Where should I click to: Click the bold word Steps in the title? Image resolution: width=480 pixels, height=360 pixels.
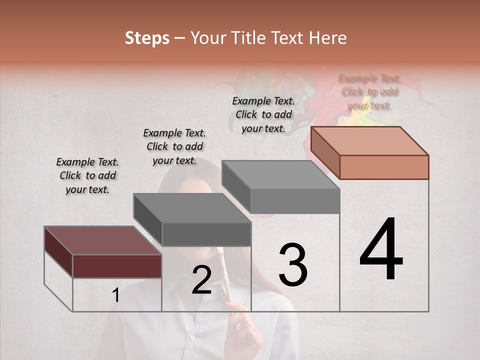[x=147, y=38]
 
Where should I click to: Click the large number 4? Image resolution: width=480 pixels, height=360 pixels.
[x=381, y=250]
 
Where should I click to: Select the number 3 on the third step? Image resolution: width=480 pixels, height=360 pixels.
[x=292, y=265]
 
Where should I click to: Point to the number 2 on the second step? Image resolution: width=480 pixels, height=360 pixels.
[x=201, y=280]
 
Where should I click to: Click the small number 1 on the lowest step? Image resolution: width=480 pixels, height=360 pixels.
[x=115, y=295]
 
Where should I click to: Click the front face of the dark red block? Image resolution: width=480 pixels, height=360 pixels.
[x=117, y=265]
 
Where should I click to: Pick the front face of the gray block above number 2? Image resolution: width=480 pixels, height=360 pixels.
[x=206, y=234]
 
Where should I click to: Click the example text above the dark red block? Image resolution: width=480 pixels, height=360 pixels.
[x=87, y=175]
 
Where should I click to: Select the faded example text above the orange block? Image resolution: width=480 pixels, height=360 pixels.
[x=369, y=92]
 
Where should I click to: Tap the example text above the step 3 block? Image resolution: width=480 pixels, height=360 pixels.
[x=263, y=114]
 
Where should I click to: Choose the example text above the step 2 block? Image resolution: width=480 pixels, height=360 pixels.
[x=174, y=146]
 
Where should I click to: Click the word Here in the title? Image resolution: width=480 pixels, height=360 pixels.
[x=328, y=38]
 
